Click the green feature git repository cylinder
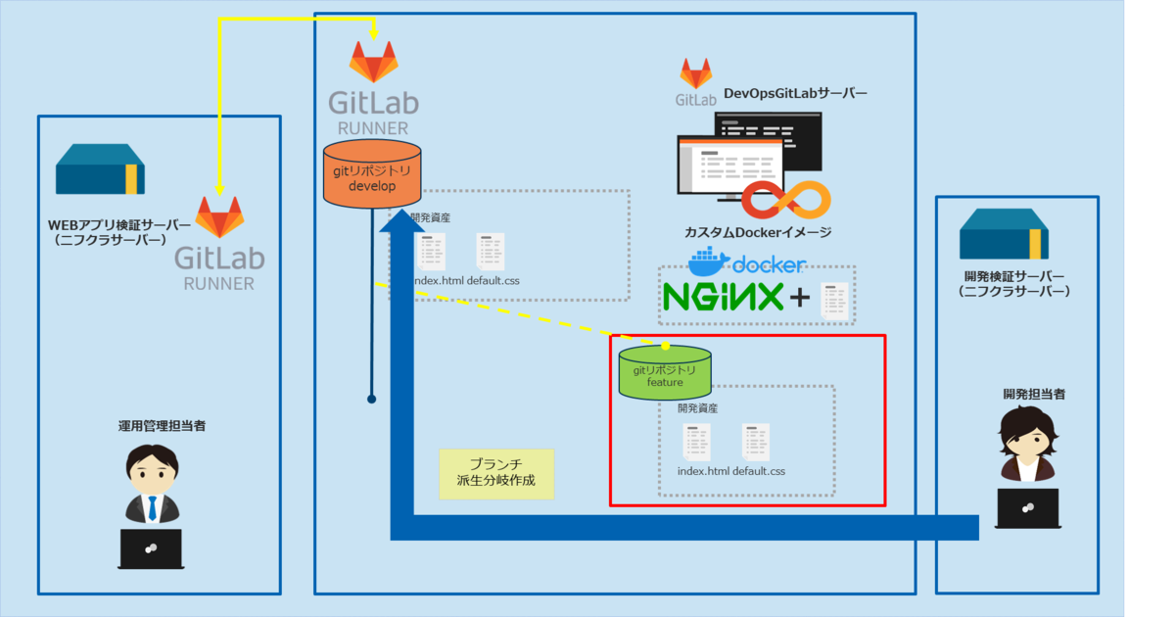pos(665,373)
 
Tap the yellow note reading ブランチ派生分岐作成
pos(496,474)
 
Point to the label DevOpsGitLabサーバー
pos(795,94)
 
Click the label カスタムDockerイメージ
pos(758,232)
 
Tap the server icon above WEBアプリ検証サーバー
pos(100,170)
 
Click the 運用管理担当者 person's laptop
pos(151,547)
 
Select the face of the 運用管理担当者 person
pos(151,473)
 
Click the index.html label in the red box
pos(703,471)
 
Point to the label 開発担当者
pos(1033,394)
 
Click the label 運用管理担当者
pos(162,426)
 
